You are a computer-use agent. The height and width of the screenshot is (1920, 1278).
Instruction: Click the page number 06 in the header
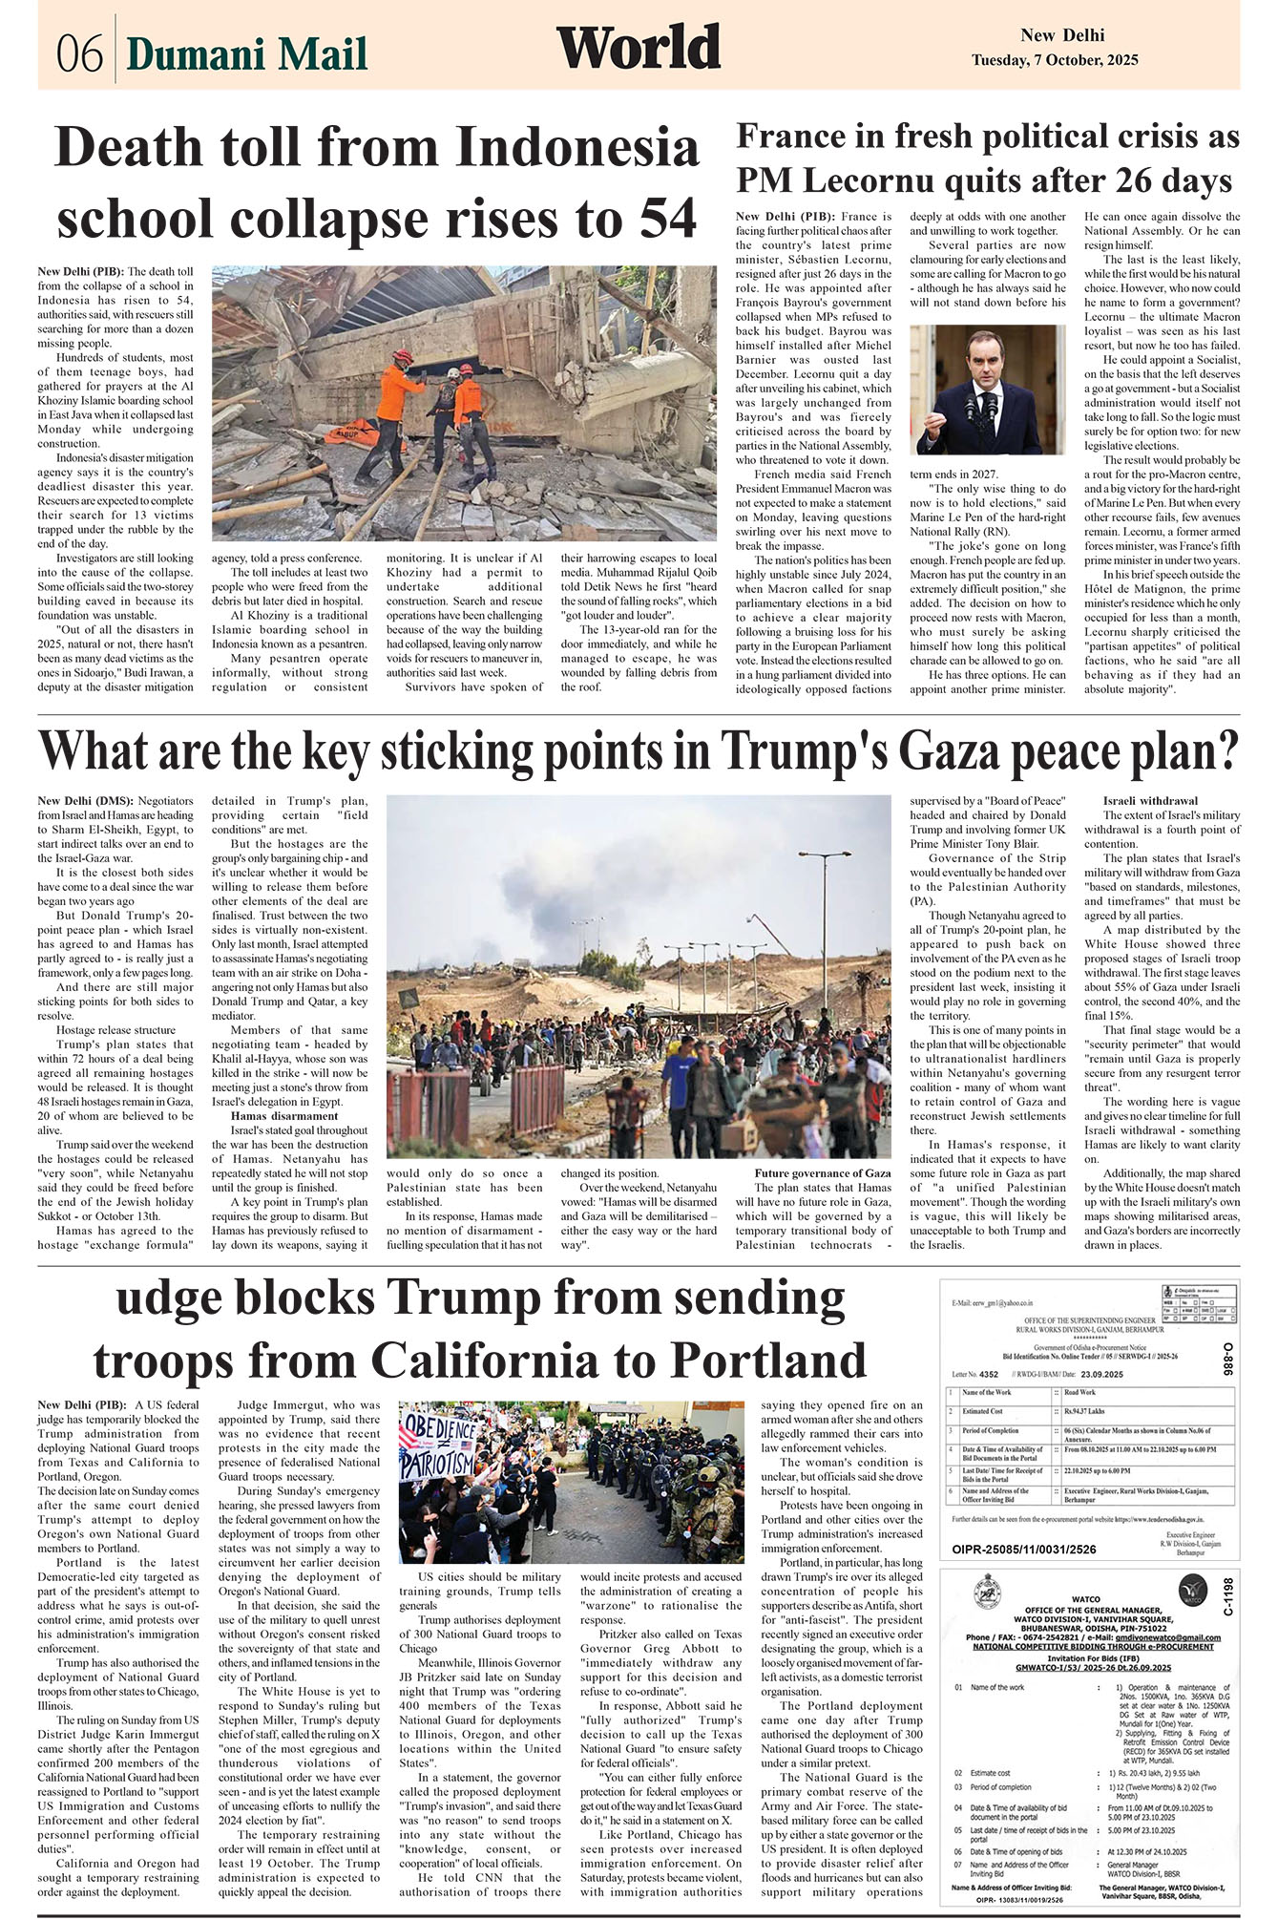pyautogui.click(x=78, y=54)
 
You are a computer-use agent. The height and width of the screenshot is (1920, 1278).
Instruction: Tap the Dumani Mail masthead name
pyautogui.click(x=246, y=54)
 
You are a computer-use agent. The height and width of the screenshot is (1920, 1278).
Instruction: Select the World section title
pyautogui.click(x=638, y=49)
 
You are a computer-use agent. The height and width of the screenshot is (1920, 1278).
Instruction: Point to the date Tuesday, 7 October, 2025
pyautogui.click(x=1055, y=60)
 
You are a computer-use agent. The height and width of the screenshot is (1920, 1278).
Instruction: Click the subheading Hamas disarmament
pyautogui.click(x=284, y=1115)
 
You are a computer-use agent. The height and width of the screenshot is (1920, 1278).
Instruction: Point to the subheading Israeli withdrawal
pyautogui.click(x=1150, y=800)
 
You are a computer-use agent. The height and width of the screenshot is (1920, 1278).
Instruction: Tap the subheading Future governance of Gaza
pyautogui.click(x=822, y=1173)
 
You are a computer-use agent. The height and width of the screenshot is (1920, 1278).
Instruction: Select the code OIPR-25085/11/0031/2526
pyautogui.click(x=1023, y=1549)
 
